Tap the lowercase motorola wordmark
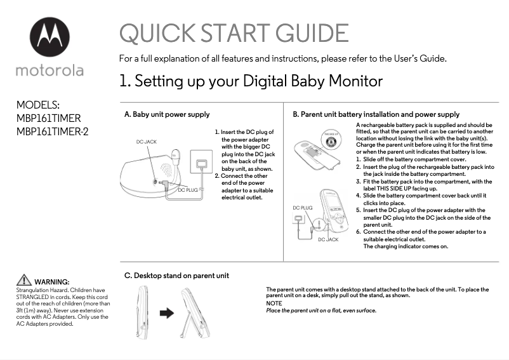pos(50,69)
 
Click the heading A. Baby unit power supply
pos(167,115)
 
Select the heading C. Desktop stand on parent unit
pos(176,276)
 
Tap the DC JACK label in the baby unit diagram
pos(147,142)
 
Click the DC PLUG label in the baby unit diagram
pos(188,190)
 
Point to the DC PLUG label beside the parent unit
pos(302,208)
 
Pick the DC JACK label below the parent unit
pos(328,239)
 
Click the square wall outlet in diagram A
pos(202,164)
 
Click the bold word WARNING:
pos(51,282)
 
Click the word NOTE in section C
pos(274,303)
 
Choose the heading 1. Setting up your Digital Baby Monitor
pos(251,81)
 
